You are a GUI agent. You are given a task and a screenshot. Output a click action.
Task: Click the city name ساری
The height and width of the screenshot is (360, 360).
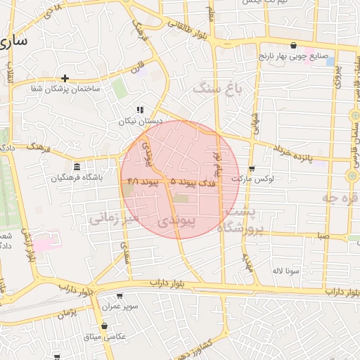point(15,40)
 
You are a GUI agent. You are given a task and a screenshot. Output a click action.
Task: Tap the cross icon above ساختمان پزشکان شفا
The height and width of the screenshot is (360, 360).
point(65,78)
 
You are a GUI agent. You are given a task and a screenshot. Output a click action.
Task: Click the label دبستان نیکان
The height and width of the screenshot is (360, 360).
point(141,121)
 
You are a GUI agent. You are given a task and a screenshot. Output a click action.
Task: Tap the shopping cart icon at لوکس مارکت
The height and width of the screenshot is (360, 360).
point(252,168)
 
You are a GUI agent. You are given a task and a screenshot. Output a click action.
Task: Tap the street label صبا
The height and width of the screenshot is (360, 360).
point(322,236)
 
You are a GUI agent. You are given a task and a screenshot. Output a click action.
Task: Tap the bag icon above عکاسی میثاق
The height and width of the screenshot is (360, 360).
point(105,326)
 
